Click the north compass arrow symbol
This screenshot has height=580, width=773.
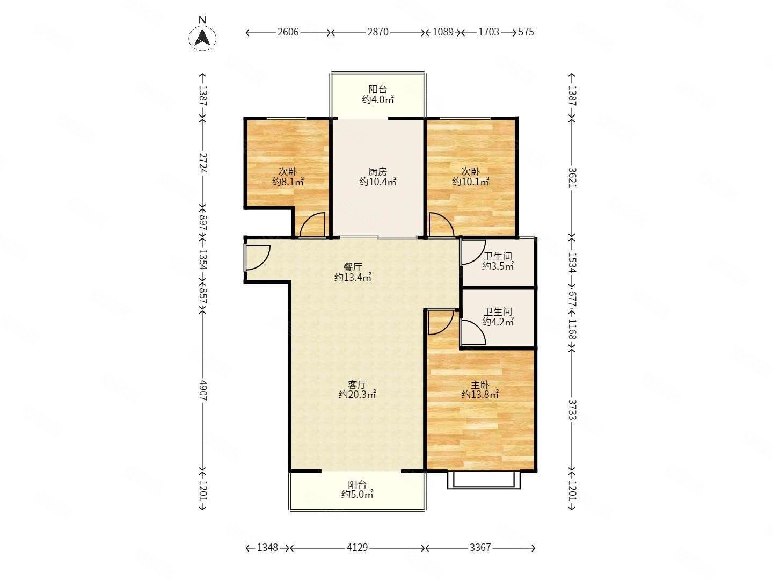(x=202, y=38)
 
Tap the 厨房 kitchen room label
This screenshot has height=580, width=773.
(x=377, y=171)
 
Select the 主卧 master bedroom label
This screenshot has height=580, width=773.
(x=480, y=384)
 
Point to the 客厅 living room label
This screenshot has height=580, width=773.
(x=357, y=384)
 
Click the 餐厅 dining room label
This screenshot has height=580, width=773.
(x=353, y=267)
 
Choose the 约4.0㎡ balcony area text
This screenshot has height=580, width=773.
(x=378, y=100)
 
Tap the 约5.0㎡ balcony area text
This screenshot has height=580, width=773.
(x=357, y=495)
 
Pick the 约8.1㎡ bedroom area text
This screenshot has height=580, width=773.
(x=288, y=182)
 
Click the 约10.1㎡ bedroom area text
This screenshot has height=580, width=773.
(x=470, y=182)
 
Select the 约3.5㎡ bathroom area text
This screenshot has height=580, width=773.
(x=498, y=266)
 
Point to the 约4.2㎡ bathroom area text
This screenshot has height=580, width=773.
(x=498, y=322)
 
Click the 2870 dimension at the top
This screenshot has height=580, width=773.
(x=378, y=32)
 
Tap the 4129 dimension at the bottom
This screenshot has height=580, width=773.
(x=357, y=548)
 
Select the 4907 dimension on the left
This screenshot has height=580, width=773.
(x=203, y=390)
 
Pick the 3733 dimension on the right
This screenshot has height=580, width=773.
(x=572, y=410)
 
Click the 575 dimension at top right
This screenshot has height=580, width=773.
(x=526, y=32)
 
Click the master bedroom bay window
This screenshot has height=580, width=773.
(x=484, y=480)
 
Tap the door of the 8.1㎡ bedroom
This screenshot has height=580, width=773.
(x=311, y=226)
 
